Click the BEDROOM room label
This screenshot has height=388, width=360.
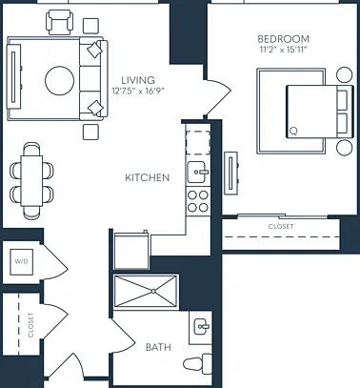click(x=283, y=39)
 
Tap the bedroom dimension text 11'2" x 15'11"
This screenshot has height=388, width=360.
click(x=283, y=50)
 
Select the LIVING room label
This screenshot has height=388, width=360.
click(x=138, y=80)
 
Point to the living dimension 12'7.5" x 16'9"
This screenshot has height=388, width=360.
click(x=138, y=91)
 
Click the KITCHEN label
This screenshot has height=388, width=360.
click(x=148, y=177)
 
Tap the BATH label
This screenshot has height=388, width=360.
click(x=158, y=347)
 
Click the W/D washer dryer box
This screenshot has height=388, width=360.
click(x=21, y=262)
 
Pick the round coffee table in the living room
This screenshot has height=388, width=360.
click(x=60, y=81)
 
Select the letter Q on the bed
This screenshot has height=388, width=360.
click(x=293, y=131)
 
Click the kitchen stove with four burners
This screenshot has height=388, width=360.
click(x=198, y=201)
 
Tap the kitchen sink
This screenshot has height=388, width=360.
click(x=196, y=173)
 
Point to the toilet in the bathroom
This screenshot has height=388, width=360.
click(x=198, y=364)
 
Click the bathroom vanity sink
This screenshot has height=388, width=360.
click(x=201, y=327)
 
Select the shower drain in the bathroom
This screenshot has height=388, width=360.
click(x=153, y=291)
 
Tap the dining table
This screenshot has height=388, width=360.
click(x=31, y=181)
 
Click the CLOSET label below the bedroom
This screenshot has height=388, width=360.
click(x=281, y=227)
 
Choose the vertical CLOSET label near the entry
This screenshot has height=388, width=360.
click(x=30, y=325)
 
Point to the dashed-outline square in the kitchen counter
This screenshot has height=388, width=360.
click(x=198, y=143)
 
